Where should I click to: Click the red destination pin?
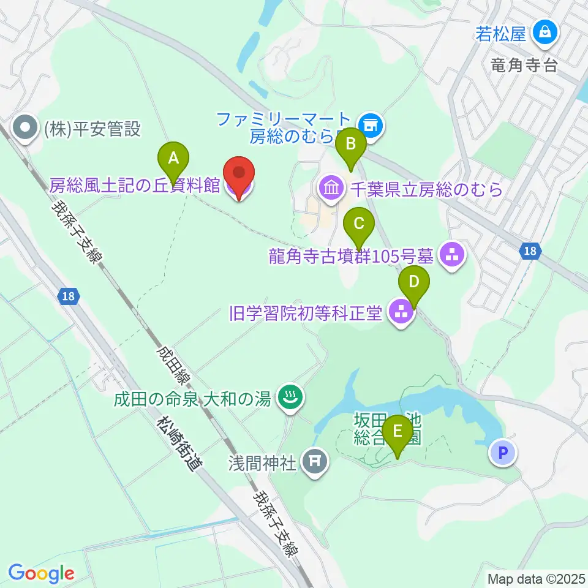click(x=239, y=178)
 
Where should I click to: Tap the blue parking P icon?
click(x=503, y=453)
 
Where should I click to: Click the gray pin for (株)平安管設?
click(x=26, y=129)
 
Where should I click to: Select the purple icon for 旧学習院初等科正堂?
click(x=401, y=314)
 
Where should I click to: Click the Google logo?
click(x=41, y=573)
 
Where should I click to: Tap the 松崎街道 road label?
click(x=179, y=443)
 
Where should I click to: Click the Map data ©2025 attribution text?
click(x=536, y=578)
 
